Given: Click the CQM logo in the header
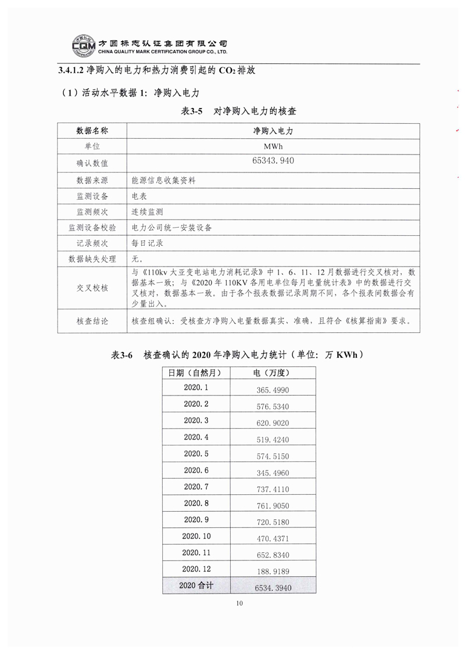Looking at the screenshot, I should pyautogui.click(x=84, y=45).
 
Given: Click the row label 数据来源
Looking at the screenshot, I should pyautogui.click(x=92, y=181).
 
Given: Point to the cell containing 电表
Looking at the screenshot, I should pyautogui.click(x=139, y=196).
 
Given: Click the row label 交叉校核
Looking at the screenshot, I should pyautogui.click(x=92, y=288).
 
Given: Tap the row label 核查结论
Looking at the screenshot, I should pyautogui.click(x=92, y=321).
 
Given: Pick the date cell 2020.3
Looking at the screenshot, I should pyautogui.click(x=196, y=420).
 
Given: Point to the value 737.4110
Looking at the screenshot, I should pyautogui.click(x=273, y=489).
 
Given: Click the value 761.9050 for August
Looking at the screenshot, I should pyautogui.click(x=273, y=505).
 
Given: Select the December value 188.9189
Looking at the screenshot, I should pyautogui.click(x=273, y=570).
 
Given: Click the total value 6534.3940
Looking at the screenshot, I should pyautogui.click(x=273, y=588).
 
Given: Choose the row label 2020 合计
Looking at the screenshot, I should pyautogui.click(x=196, y=585).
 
